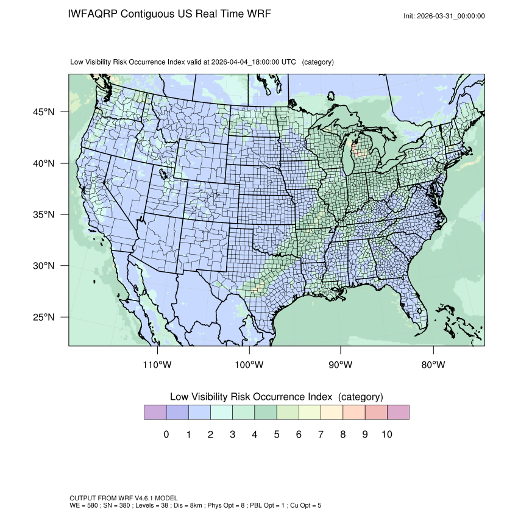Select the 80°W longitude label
click(433, 365)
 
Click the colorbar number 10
click(386, 435)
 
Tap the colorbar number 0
click(166, 435)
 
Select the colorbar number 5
click(276, 435)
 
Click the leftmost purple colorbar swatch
click(155, 413)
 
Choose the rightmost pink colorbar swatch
click(398, 413)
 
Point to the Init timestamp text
click(444, 16)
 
